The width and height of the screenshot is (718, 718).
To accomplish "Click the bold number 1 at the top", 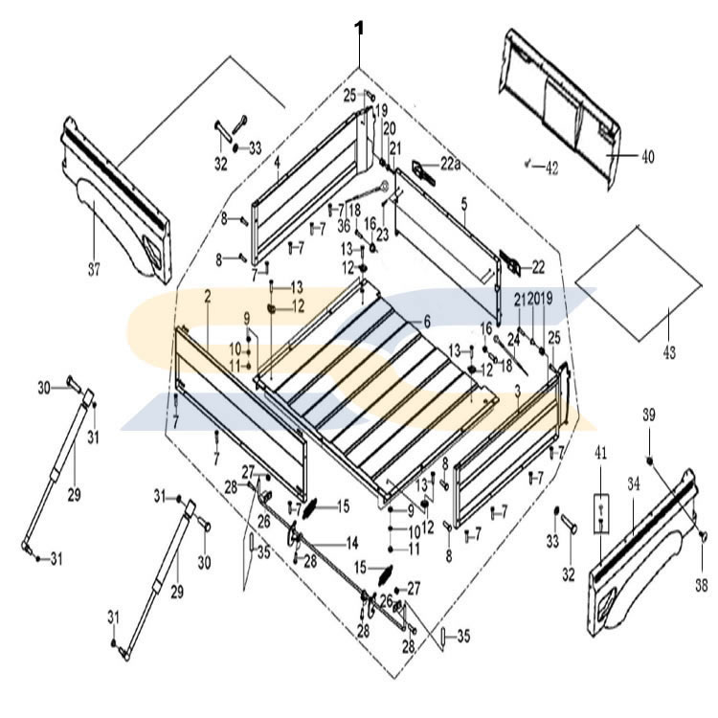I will tap(359, 28).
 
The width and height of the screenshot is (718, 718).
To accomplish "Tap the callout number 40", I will tap(647, 157).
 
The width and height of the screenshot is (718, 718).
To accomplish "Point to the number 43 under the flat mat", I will tap(668, 353).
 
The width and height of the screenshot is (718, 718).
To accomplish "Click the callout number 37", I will tap(93, 269).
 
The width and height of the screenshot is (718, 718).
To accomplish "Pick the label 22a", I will tap(451, 166).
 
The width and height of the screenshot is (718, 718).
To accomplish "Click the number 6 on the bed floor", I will tap(427, 322).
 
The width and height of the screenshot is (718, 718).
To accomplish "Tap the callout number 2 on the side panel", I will tap(207, 299).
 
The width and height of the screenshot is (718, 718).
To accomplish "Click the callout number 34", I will tap(633, 485).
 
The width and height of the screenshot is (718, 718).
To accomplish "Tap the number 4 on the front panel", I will tap(276, 164).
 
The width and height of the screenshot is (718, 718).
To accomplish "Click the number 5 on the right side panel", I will tap(463, 204).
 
